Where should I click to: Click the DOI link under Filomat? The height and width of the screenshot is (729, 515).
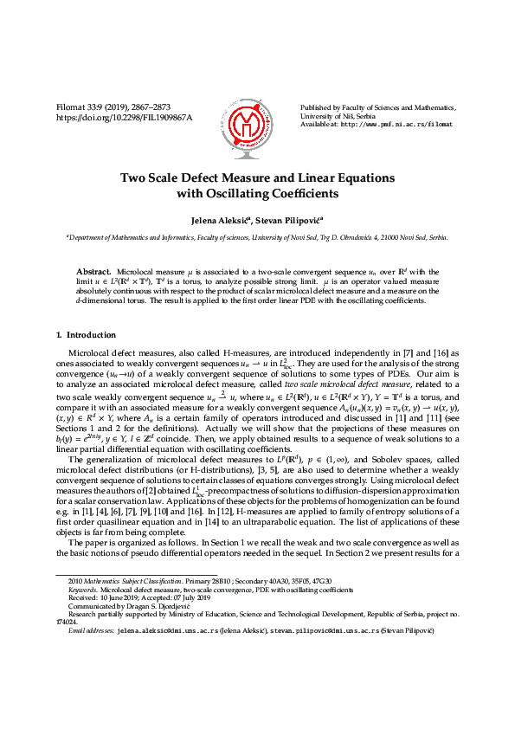124,117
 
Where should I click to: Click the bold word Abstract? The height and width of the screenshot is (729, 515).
94,271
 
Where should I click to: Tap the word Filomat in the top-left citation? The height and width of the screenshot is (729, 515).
71,106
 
